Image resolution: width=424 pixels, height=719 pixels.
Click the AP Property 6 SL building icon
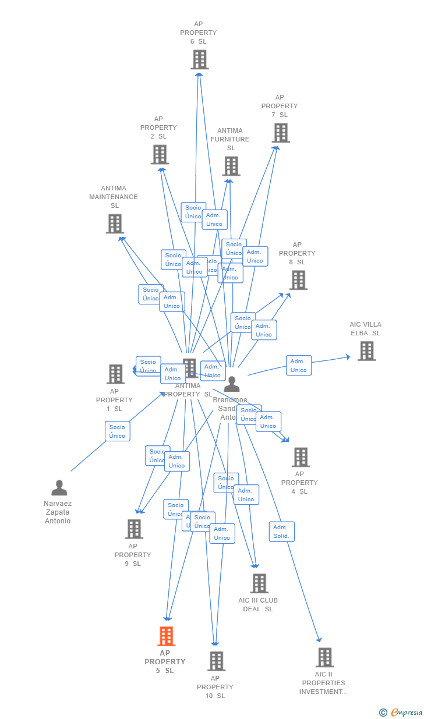(x=200, y=59)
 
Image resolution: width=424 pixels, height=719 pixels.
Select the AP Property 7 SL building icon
(x=281, y=133)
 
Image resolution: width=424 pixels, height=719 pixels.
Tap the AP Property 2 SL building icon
(x=160, y=154)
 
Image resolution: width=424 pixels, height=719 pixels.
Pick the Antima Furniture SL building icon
(x=231, y=166)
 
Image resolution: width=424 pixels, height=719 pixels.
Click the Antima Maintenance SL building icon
(x=115, y=224)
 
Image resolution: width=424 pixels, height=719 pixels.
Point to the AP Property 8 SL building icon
(x=298, y=280)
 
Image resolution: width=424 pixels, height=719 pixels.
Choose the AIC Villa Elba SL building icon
(x=366, y=351)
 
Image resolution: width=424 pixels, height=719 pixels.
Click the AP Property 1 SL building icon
(x=116, y=374)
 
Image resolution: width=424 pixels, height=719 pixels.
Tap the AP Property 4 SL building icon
(x=301, y=457)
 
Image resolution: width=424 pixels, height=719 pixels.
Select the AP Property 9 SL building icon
(x=134, y=529)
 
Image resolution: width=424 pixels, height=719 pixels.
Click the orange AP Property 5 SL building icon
(x=166, y=636)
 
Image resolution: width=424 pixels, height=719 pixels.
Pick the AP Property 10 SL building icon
(x=216, y=661)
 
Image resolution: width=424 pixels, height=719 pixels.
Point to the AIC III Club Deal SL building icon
(x=259, y=583)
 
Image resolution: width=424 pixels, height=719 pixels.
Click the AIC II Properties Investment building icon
(x=324, y=657)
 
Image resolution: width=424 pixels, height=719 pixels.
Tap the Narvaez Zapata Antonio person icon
(x=59, y=488)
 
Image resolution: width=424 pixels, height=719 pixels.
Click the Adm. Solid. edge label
(x=281, y=532)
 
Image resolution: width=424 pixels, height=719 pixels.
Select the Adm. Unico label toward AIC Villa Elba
(x=299, y=366)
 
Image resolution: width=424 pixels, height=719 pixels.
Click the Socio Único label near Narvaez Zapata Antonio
(x=117, y=431)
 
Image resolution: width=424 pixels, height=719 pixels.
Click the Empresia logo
(x=402, y=712)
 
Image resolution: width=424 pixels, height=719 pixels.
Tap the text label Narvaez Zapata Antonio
(x=58, y=512)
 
